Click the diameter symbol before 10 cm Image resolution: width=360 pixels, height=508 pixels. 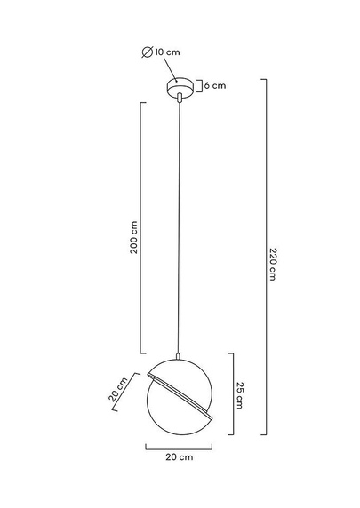[148, 52]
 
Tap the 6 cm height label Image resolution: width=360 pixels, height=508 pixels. [215, 86]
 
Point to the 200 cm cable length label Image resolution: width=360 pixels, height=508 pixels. [134, 237]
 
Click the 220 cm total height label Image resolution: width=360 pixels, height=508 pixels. [273, 264]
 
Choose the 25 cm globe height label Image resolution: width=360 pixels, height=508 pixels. [240, 395]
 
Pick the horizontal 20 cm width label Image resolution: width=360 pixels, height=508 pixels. [180, 457]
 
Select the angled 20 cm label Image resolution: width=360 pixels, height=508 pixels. [117, 389]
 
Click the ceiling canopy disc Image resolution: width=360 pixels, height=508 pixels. [180, 86]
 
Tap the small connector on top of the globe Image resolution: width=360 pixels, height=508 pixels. [178, 356]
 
